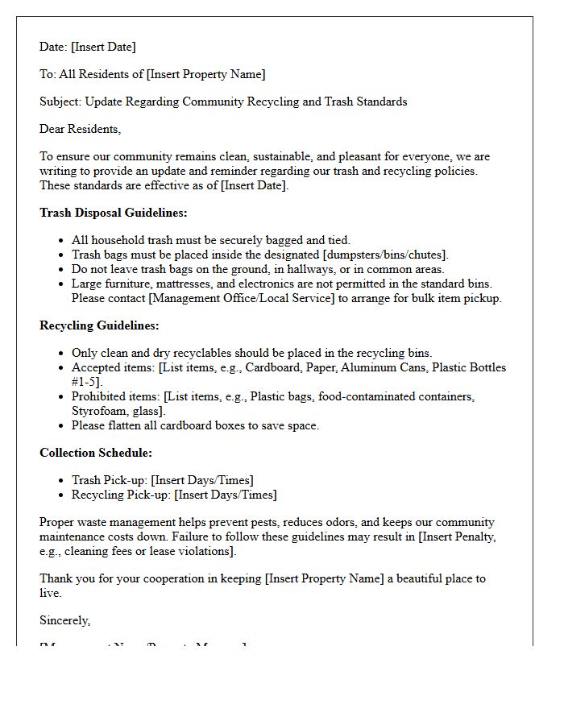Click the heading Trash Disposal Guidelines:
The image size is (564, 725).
pos(113,213)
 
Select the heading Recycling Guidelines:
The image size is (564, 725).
pos(99,325)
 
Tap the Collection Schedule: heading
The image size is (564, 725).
pos(95,453)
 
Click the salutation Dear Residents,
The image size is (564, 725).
pos(80,129)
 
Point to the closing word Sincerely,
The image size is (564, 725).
pos(65,620)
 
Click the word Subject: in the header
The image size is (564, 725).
pos(60,101)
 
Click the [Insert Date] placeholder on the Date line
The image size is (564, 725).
pos(104,47)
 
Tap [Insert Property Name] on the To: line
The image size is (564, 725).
pos(205,74)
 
